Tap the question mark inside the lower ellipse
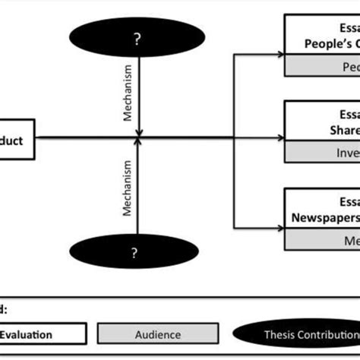click(137, 251)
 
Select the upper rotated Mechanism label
click(128, 97)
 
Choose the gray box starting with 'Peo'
click(322, 66)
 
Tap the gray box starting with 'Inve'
click(322, 152)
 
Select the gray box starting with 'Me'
click(322, 239)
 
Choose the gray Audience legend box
click(159, 334)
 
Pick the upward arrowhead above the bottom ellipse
click(137, 144)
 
